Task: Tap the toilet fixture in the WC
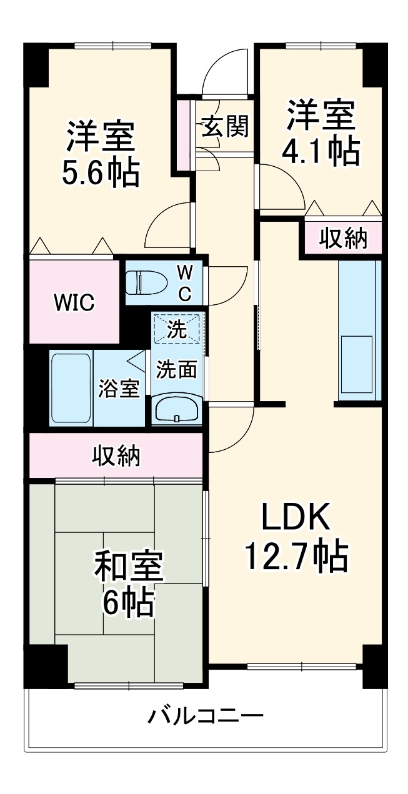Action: (x=147, y=282)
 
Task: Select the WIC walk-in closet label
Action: (x=74, y=304)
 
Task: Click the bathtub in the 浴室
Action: (x=71, y=389)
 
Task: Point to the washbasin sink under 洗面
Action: (x=177, y=410)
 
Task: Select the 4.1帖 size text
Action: (x=321, y=151)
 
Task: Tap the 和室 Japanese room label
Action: (x=129, y=566)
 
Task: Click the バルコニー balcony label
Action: (x=206, y=715)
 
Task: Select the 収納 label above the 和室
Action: (x=117, y=456)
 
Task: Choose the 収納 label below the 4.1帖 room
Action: (x=344, y=238)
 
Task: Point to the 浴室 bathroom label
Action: (x=119, y=389)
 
